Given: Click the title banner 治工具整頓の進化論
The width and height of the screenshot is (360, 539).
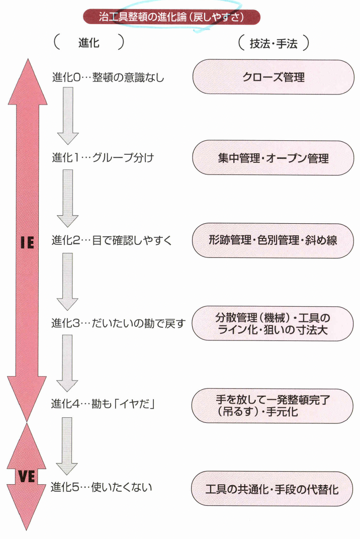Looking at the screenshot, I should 171,17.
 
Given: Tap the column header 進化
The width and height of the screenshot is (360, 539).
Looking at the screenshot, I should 88,43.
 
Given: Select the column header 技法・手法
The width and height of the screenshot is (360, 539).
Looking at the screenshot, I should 274,44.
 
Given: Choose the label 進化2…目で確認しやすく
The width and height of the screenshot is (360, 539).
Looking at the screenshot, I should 112,240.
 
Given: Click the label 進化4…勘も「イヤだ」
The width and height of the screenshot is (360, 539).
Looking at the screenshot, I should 103,404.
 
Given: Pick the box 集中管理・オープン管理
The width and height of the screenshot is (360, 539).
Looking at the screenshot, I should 274,158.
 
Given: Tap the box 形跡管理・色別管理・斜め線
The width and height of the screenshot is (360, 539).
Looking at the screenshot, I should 274,240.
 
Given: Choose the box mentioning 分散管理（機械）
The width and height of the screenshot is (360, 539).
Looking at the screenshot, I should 274,323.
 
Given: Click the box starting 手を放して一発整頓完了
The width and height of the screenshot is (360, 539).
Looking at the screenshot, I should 274,406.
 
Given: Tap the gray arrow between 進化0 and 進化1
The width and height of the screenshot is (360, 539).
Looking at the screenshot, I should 68,116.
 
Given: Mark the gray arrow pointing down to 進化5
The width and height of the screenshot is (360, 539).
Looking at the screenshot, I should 68,446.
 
